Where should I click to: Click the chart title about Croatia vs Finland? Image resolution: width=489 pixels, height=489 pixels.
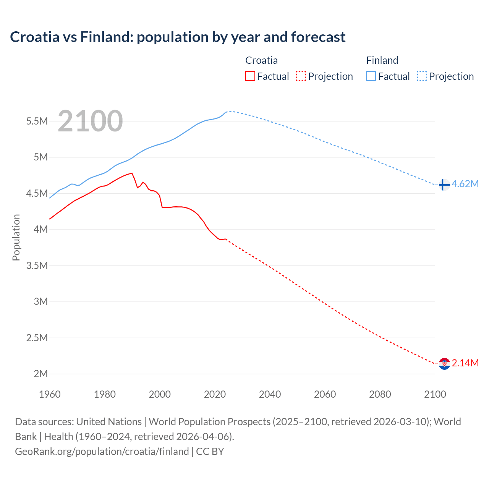(178, 37)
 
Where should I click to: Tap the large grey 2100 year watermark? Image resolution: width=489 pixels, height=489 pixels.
(90, 121)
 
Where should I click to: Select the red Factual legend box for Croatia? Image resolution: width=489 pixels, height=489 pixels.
(250, 76)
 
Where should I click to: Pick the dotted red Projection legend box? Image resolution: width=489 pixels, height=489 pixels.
(301, 76)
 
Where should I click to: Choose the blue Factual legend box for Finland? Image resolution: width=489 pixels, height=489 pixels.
(371, 76)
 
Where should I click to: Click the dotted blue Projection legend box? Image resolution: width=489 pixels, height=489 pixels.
(422, 76)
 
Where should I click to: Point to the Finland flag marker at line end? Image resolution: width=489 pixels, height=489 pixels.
(444, 185)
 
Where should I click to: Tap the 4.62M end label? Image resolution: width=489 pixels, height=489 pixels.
(465, 184)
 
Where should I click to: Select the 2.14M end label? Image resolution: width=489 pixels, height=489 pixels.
(465, 363)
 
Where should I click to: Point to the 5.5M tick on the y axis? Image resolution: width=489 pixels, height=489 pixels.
(37, 121)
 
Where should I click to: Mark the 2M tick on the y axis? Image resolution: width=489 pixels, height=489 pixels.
(40, 374)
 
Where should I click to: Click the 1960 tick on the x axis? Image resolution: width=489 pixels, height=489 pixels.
(50, 394)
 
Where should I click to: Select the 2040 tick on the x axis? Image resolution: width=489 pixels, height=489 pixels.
(270, 394)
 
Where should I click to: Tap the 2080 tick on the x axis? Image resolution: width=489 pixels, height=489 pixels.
(380, 394)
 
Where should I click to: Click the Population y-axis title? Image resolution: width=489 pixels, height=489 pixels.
(16, 237)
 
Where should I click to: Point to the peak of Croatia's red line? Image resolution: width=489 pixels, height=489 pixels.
(132, 173)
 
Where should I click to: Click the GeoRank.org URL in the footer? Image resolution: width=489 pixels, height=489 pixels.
(102, 452)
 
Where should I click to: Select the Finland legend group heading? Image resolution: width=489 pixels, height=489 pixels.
(382, 60)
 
